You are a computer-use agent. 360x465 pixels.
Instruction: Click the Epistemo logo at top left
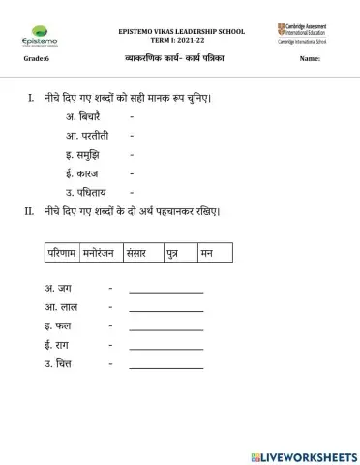37,36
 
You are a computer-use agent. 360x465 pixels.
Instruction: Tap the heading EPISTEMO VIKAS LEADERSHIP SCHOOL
182,31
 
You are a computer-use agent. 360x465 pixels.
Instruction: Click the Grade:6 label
36,60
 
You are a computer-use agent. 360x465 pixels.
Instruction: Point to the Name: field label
310,60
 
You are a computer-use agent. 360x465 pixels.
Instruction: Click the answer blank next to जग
165,289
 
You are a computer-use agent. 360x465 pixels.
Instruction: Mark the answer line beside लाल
165,307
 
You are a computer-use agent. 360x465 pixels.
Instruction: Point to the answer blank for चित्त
165,364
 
